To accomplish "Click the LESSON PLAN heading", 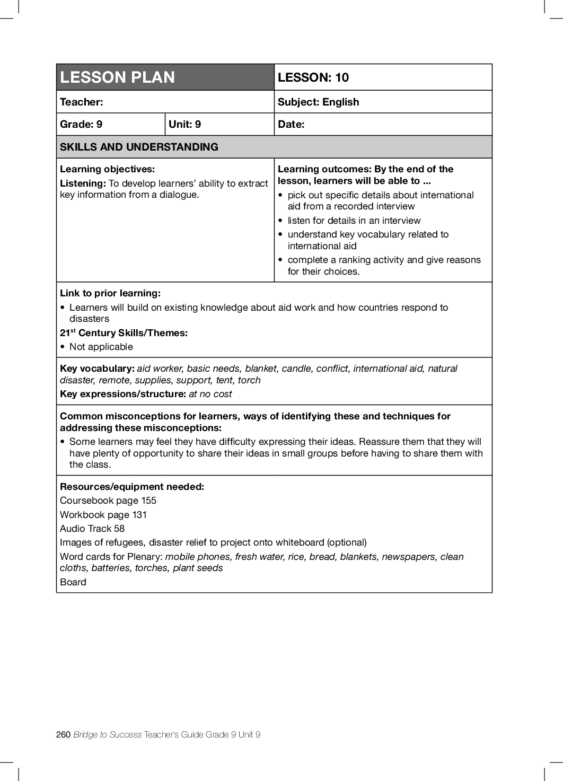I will pos(117,77).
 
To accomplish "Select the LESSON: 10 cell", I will pos(313,77).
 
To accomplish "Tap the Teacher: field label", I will pos(82,102).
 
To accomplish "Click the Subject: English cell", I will pos(318,102).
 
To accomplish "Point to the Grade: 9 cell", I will pos(81,124).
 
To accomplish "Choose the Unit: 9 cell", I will pos(184,124).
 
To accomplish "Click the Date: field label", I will pos(291,124).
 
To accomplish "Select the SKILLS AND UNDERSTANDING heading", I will pos(139,147).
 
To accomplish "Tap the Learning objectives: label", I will pos(107,169).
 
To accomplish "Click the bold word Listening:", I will pos(83,183).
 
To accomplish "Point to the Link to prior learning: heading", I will pos(110,293).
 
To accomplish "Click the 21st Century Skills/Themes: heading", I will pos(124,333).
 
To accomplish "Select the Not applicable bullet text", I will pos(101,347).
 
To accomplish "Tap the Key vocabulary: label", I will pos(97,368).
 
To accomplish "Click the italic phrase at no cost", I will pos(210,394).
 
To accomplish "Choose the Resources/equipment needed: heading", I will pos(132,487).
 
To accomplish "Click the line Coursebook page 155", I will pos(108,501).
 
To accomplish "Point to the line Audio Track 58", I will pos(92,529).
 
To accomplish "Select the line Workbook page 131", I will pos(103,515).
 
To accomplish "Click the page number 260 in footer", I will pos(63,734).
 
